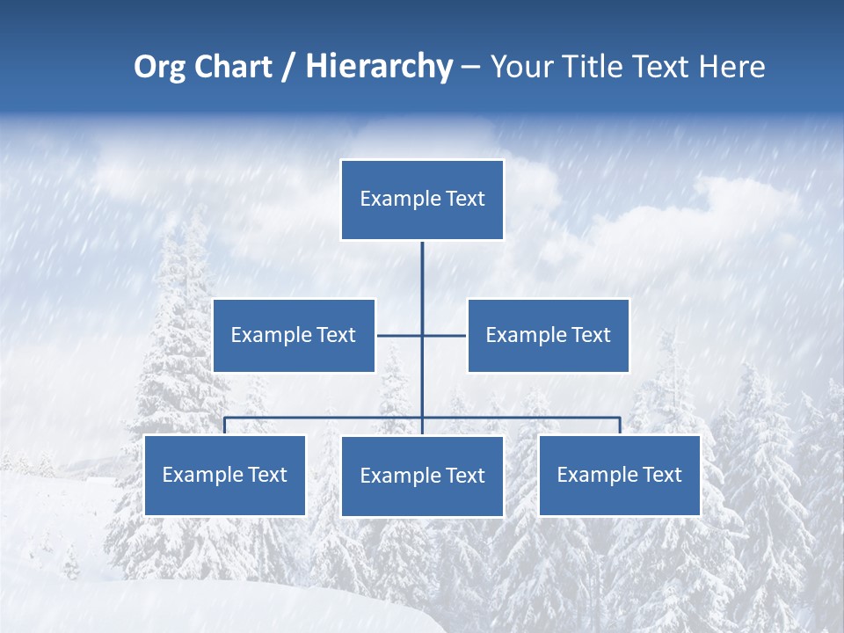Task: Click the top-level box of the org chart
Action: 422,200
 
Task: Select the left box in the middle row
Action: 294,335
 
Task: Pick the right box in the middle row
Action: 548,335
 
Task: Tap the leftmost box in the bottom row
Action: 225,475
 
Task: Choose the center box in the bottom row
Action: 422,476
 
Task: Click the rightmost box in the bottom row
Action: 619,475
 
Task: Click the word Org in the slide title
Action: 159,68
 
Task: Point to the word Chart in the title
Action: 232,67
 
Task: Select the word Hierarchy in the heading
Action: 379,67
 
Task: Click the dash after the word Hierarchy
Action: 470,68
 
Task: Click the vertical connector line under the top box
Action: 422,281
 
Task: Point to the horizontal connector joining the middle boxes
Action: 400,335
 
